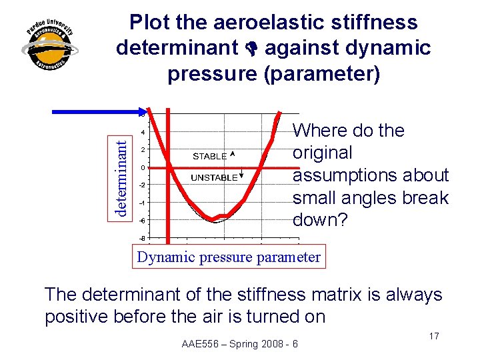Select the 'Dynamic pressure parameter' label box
229,257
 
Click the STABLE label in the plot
209,156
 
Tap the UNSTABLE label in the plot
213,178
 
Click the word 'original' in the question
323,153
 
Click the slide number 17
433,336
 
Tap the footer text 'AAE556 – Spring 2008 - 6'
240,344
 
